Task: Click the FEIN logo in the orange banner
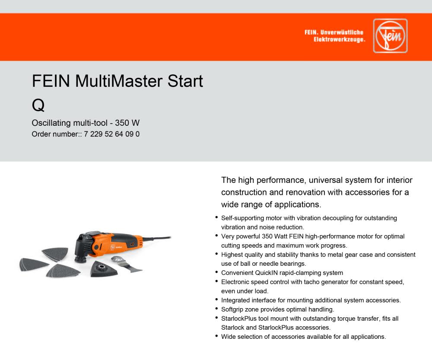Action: point(390,36)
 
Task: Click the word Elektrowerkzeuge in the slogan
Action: point(340,40)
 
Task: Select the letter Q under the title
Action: point(38,104)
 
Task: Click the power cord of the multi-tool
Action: point(156,238)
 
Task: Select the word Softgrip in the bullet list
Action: point(234,309)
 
